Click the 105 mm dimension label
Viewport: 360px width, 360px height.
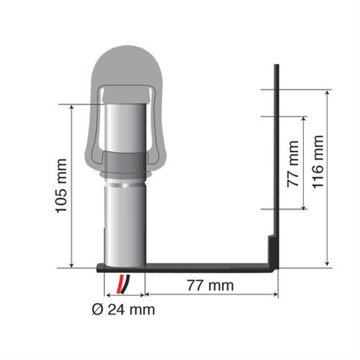pos(60,185)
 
